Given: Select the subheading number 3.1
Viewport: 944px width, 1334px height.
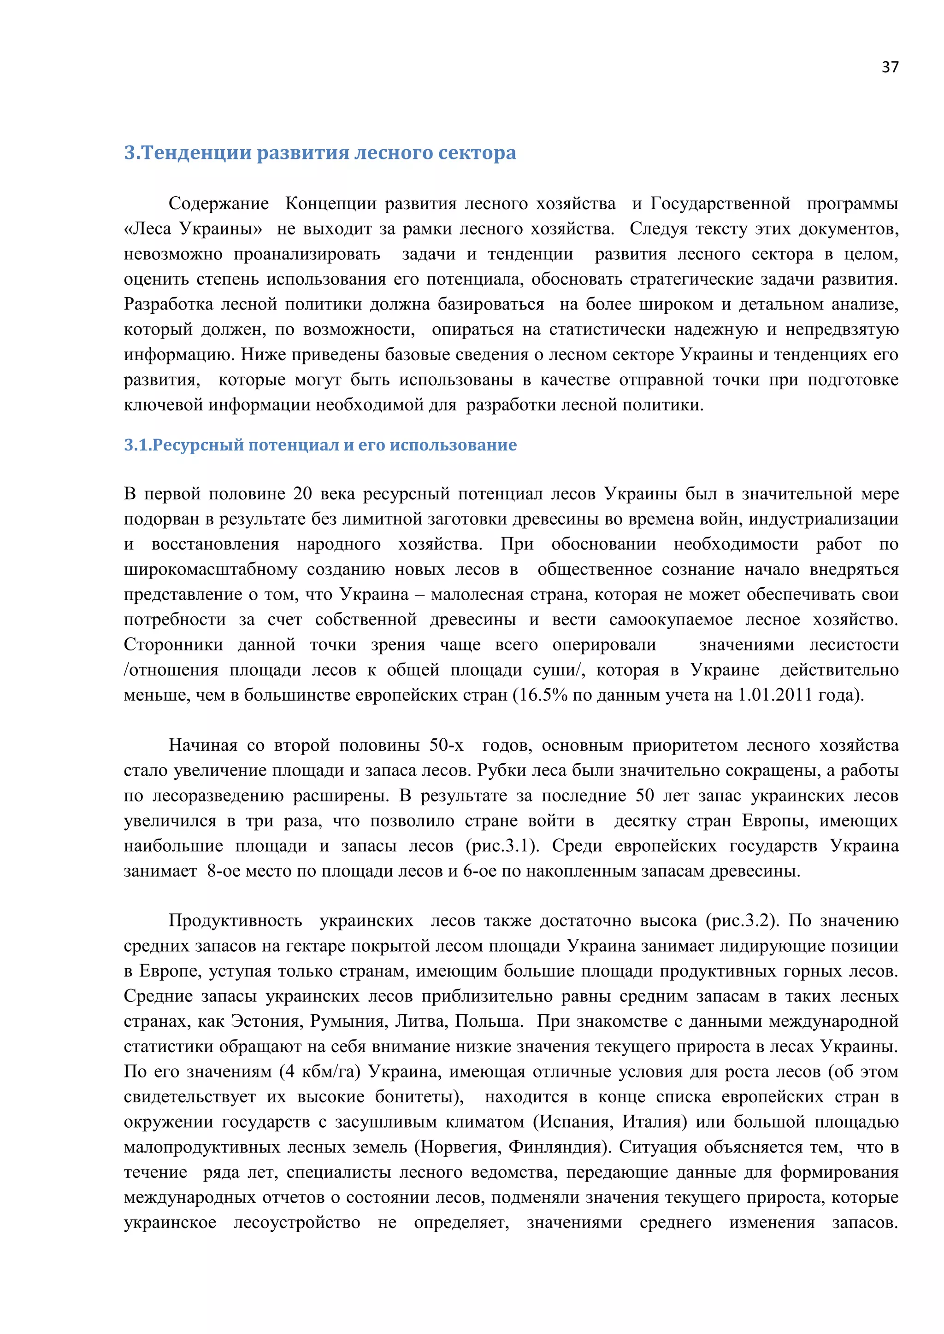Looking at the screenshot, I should [x=138, y=445].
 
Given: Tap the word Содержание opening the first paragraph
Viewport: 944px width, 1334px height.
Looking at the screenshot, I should [x=218, y=204].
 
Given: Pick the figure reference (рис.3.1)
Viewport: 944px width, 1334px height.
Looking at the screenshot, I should [x=502, y=846].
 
